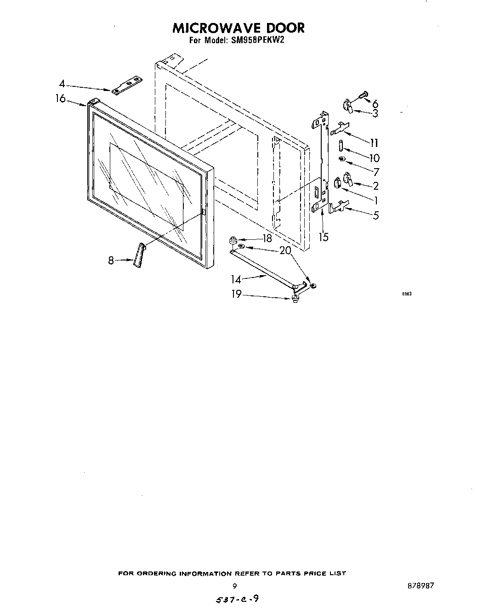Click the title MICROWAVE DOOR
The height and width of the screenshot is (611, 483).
click(238, 28)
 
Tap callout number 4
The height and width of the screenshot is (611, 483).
click(62, 84)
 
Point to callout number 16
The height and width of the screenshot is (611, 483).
click(61, 99)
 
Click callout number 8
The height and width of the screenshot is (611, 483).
click(111, 260)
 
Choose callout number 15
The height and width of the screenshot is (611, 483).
click(324, 237)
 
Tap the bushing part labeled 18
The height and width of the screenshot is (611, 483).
click(233, 239)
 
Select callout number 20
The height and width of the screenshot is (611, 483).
click(285, 250)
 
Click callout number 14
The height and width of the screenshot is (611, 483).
click(236, 279)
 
